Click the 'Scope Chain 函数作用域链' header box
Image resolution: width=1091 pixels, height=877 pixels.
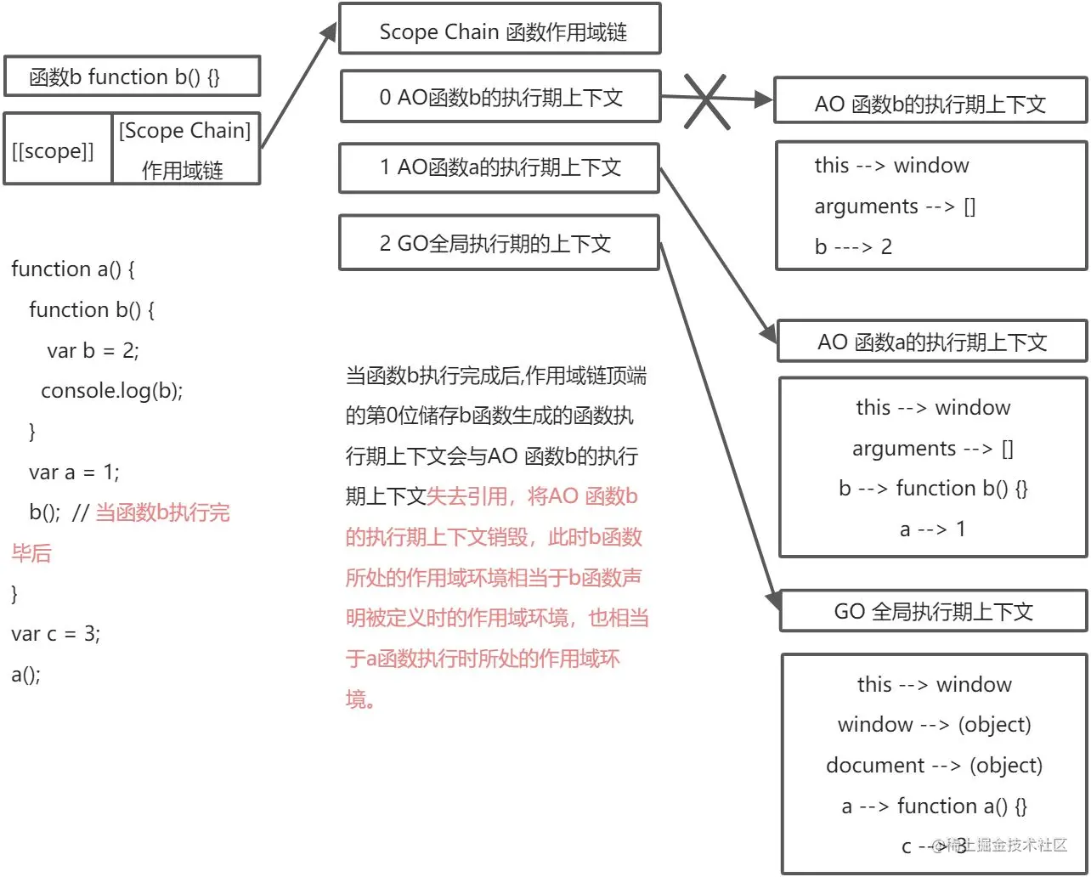[x=500, y=31]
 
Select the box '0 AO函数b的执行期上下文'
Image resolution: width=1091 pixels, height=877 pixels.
[x=500, y=97]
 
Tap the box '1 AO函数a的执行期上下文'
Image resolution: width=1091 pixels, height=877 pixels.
[x=500, y=167]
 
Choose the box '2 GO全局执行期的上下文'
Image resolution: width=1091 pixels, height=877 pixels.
[x=500, y=243]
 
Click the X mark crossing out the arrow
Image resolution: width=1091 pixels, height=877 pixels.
[x=705, y=101]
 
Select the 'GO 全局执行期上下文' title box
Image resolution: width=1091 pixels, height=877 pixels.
[x=933, y=612]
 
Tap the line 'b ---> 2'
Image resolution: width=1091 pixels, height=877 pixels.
[x=853, y=246]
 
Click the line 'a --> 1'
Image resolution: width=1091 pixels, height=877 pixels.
[x=932, y=529]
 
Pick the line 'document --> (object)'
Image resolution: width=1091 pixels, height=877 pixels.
[x=934, y=765]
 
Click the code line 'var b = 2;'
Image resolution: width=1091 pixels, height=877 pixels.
[x=93, y=350]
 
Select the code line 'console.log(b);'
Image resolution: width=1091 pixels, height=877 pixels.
[x=111, y=390]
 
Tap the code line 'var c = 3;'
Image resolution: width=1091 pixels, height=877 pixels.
[x=55, y=633]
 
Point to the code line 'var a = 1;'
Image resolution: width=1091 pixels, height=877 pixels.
[x=74, y=472]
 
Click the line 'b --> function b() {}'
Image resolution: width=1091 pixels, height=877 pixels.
[x=932, y=489]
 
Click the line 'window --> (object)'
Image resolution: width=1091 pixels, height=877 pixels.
[x=934, y=725]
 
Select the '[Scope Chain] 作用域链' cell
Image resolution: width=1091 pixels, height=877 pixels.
[x=184, y=150]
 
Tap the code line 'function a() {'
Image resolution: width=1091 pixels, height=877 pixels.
[x=73, y=269]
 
